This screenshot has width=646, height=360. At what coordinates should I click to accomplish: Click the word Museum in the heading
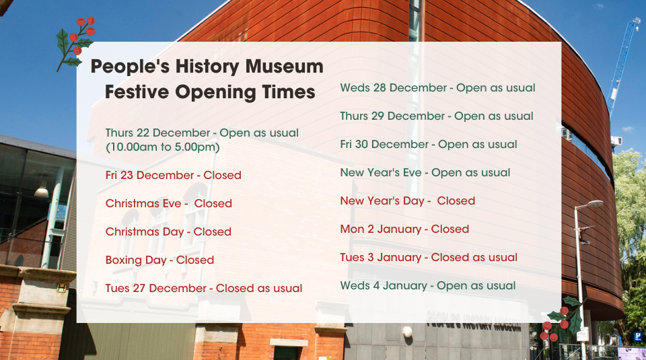tap(284, 67)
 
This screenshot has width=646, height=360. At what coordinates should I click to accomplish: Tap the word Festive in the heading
tap(137, 92)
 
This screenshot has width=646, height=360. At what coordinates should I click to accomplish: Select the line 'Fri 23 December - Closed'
tap(174, 175)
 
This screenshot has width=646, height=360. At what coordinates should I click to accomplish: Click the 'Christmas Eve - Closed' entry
tap(168, 203)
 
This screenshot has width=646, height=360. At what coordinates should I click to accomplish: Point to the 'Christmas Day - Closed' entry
tap(168, 232)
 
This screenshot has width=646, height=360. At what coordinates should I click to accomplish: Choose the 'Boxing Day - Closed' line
tap(160, 260)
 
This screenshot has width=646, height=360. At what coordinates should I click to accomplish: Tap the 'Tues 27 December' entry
tap(204, 288)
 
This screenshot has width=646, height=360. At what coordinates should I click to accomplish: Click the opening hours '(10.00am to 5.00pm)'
tap(163, 147)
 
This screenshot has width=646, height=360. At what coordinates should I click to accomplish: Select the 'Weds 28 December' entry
tap(437, 87)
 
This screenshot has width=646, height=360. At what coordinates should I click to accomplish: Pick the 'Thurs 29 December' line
tap(437, 116)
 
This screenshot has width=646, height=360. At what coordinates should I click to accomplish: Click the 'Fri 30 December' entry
tap(429, 144)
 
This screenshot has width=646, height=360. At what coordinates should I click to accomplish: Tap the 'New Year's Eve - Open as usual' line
tap(425, 172)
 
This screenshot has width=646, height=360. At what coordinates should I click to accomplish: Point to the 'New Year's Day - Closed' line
tap(408, 201)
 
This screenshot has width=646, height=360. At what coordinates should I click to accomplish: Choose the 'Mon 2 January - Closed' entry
tap(404, 229)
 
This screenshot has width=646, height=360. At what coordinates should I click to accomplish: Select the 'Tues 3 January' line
tap(429, 258)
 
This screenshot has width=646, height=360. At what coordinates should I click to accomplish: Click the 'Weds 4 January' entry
tap(428, 286)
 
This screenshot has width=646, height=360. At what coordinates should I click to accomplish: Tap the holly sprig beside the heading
tap(75, 44)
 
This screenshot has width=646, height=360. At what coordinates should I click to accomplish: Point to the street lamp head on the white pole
tap(594, 204)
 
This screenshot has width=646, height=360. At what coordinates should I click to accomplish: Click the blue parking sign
tap(638, 336)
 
